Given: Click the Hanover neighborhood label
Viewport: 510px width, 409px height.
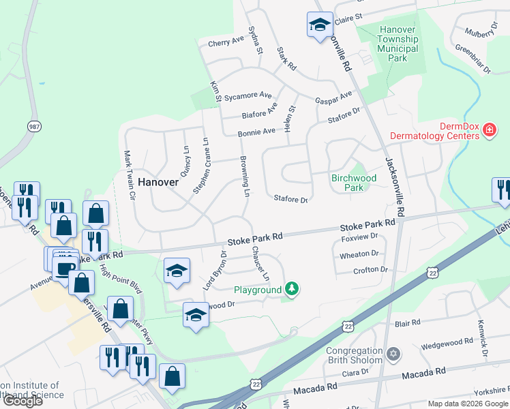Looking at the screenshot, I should coord(158,182).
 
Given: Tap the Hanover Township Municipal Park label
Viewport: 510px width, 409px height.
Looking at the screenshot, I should coord(398,44).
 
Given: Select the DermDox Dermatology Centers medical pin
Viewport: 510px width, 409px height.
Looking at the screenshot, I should coord(489,130).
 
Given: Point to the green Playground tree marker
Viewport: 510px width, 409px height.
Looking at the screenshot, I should coord(292,289).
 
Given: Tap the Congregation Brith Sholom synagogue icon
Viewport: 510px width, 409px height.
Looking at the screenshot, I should coord(392,354).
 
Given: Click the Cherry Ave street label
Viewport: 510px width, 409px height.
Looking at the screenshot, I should coord(226,42).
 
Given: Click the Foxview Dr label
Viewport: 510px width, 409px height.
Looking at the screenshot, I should coord(359,238).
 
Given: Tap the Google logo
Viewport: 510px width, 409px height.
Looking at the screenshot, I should coord(22,400).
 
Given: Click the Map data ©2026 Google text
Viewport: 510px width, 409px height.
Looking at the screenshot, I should coord(468,404).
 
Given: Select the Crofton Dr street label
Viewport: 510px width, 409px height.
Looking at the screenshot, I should coord(370,270).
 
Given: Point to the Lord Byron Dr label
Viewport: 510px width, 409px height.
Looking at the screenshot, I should coord(214,271).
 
